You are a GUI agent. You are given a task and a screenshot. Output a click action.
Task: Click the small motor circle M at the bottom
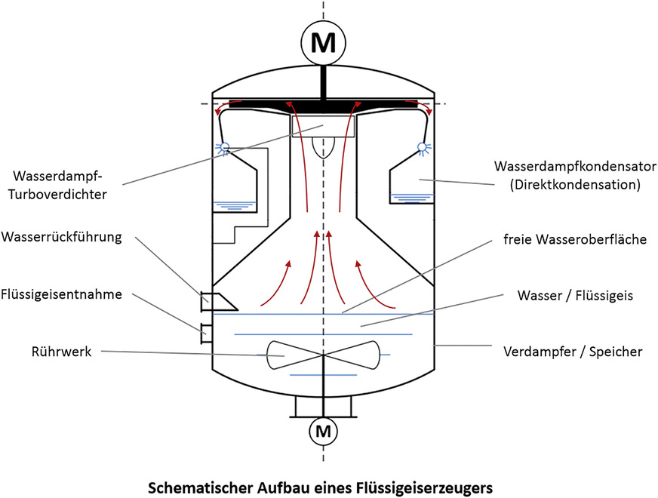[x=324, y=432]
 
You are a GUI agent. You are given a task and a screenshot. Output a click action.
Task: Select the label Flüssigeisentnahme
[x=62, y=295]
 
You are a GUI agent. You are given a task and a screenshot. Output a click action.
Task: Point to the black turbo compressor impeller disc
[x=324, y=103]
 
